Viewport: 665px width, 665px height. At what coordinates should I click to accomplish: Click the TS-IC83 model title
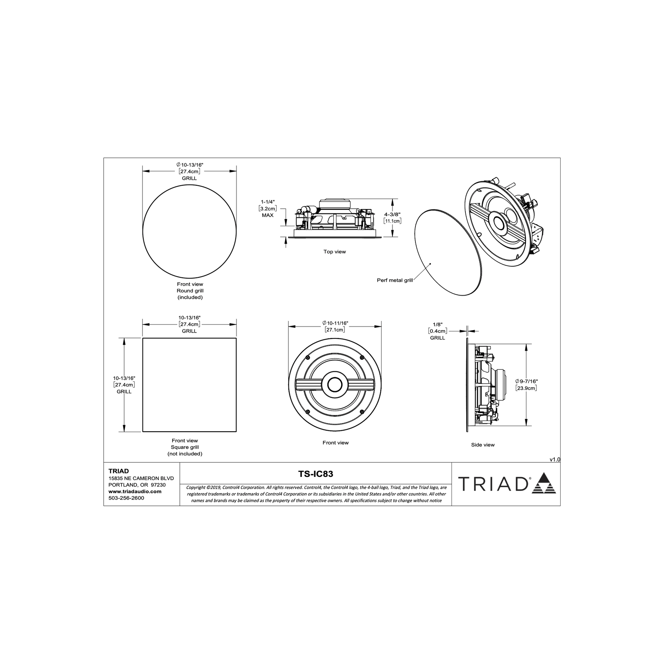click(x=315, y=473)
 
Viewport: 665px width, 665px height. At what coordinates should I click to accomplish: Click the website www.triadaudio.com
click(x=135, y=491)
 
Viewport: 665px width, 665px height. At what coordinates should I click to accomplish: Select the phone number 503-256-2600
click(x=126, y=498)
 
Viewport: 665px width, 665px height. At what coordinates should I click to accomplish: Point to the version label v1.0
click(x=555, y=459)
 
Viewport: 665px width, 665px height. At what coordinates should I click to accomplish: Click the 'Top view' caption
click(x=334, y=252)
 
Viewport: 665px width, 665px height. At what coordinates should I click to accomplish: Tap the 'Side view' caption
click(x=483, y=445)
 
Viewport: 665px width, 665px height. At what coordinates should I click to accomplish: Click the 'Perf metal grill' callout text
click(x=395, y=280)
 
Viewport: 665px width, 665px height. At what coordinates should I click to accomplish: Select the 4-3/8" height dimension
click(x=392, y=214)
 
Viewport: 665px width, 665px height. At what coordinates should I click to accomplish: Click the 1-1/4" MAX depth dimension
click(x=267, y=208)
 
